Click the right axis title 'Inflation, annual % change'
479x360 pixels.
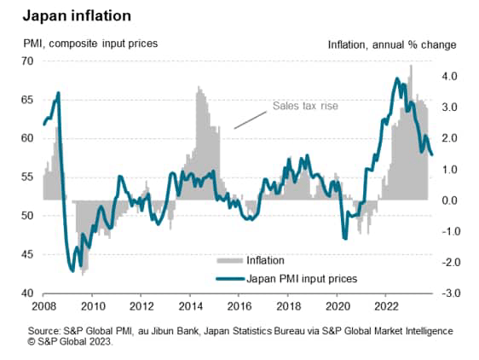click(x=392, y=44)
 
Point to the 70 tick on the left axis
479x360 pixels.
click(x=27, y=61)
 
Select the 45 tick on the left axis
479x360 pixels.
click(x=27, y=254)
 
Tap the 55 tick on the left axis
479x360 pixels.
click(x=27, y=177)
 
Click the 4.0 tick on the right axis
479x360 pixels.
click(x=450, y=76)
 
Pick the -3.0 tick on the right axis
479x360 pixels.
click(x=448, y=293)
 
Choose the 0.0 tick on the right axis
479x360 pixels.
click(x=450, y=200)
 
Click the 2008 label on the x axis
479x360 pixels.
click(x=43, y=306)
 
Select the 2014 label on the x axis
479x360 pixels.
click(x=191, y=306)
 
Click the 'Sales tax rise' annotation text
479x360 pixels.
click(x=306, y=107)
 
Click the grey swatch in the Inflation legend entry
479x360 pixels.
click(x=229, y=260)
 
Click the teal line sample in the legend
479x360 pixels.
click(x=229, y=277)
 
